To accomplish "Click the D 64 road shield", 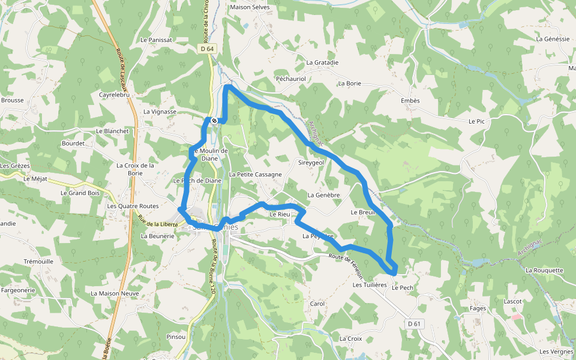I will click(x=207, y=49).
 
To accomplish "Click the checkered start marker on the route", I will click(x=214, y=121).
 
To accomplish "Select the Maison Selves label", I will click(x=250, y=7).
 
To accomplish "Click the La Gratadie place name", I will click(x=322, y=62).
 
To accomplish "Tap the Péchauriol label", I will click(x=290, y=79).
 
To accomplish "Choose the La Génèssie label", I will click(x=553, y=38).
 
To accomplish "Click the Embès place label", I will click(x=410, y=101).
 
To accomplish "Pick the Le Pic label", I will click(x=476, y=121).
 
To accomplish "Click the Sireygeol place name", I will click(x=311, y=163).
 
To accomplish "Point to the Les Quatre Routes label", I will click(x=133, y=206).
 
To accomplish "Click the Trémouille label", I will click(x=38, y=262).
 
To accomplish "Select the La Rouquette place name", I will click(x=544, y=270).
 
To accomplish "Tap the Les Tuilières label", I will click(x=370, y=285).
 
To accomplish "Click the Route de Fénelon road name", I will click(x=347, y=265).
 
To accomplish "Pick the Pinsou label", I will click(x=176, y=337).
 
